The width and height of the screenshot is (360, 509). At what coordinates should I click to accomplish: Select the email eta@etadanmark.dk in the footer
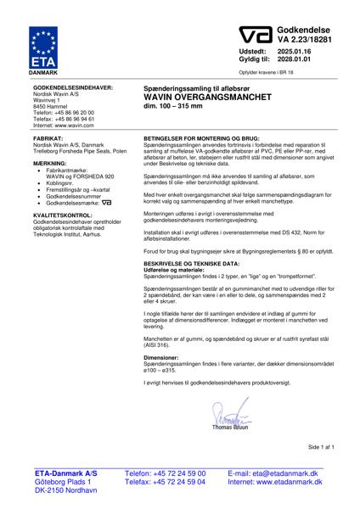coord(285,473)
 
